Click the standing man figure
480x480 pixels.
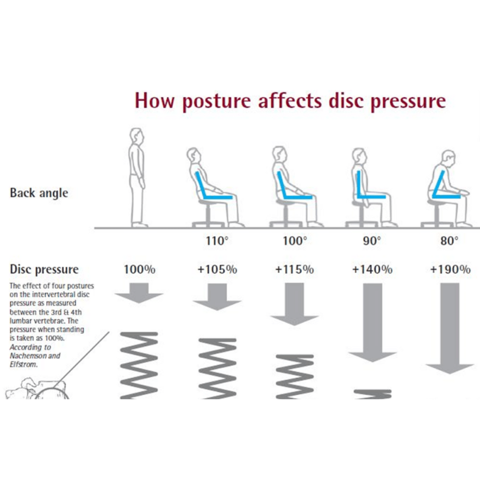138,177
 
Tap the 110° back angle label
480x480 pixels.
217,240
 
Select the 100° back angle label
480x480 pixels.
295,240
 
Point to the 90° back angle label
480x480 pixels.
372,240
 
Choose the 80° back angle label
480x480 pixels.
449,240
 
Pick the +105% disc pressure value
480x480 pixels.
217,270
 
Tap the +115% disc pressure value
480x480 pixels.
295,270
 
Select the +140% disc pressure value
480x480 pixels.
372,270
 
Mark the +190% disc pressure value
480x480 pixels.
450,270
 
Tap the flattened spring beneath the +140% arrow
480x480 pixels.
372,392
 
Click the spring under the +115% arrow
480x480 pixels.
295,376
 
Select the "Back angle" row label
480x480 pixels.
39,193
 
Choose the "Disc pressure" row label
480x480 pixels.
44,269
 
